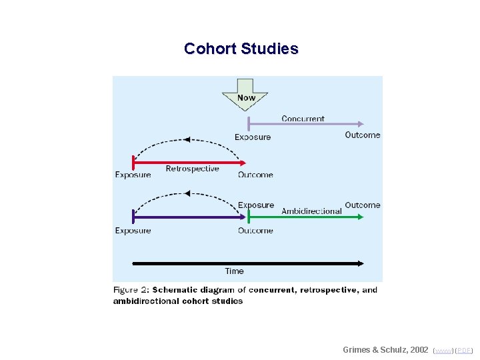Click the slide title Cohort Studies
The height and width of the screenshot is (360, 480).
(x=241, y=49)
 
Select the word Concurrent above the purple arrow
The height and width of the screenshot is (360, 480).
(x=303, y=119)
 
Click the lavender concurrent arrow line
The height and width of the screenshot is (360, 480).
(x=303, y=124)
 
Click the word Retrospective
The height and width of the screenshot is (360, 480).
(x=192, y=169)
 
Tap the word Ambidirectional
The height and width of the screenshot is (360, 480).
(x=311, y=211)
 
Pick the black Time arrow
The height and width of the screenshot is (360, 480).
(x=247, y=263)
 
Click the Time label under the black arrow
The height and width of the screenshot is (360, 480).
(x=235, y=271)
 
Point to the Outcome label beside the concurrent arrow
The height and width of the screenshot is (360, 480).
(x=362, y=135)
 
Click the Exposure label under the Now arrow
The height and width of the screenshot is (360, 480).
(x=253, y=137)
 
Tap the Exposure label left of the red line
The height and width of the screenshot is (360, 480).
(x=133, y=175)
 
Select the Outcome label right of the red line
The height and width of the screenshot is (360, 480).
(x=255, y=175)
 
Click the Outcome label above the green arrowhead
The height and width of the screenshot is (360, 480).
(x=362, y=205)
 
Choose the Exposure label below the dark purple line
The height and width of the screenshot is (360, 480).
(x=133, y=231)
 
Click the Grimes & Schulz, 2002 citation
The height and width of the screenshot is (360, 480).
(x=385, y=349)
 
